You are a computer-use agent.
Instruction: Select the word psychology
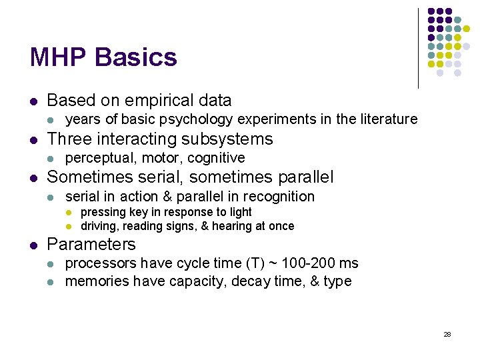(199, 119)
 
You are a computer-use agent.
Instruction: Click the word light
(240, 212)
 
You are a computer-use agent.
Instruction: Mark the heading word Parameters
(91, 244)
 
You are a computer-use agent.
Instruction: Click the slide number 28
(447, 334)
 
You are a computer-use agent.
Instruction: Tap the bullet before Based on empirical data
(33, 101)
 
